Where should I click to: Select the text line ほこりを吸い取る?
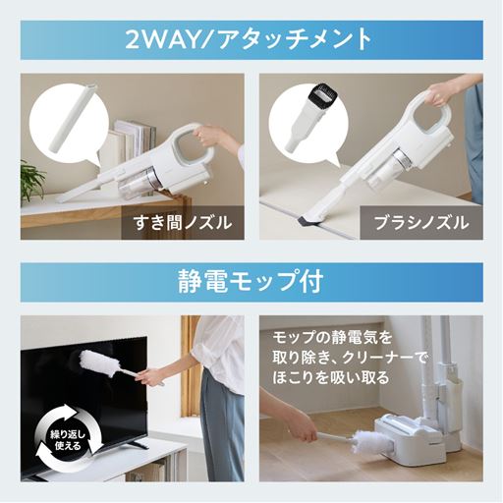click(x=333, y=376)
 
